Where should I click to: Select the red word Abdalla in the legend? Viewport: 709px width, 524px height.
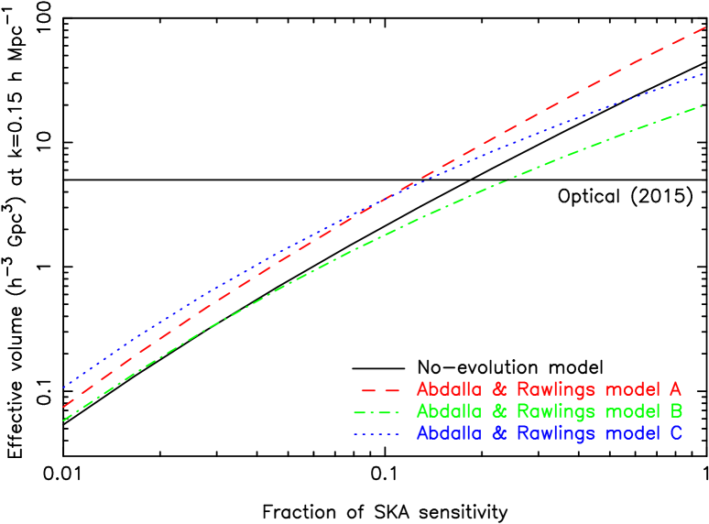click(449, 388)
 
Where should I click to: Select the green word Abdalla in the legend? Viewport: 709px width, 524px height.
click(449, 410)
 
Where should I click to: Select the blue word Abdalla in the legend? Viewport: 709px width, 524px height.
click(449, 433)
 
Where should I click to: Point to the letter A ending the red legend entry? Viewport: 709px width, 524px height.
click(675, 388)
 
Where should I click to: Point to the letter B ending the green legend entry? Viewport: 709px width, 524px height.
click(675, 410)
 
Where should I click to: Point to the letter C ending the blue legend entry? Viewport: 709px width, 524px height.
click(675, 433)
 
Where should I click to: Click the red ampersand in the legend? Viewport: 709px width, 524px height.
click(500, 388)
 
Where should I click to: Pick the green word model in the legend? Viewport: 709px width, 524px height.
click(634, 410)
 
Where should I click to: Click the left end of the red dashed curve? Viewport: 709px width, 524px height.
click(63, 406)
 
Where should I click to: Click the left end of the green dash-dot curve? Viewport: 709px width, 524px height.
click(63, 420)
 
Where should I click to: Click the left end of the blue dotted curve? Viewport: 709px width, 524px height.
click(63, 388)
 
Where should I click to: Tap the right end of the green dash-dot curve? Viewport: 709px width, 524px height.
click(703, 106)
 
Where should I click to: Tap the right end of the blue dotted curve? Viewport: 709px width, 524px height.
click(703, 73)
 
